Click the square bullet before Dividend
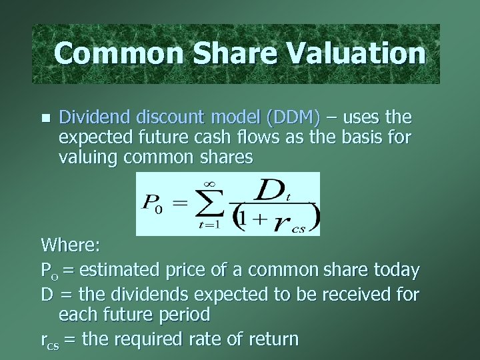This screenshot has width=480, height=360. coord(45,118)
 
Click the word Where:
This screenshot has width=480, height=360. coord(70,245)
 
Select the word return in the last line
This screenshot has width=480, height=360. coord(271,339)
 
